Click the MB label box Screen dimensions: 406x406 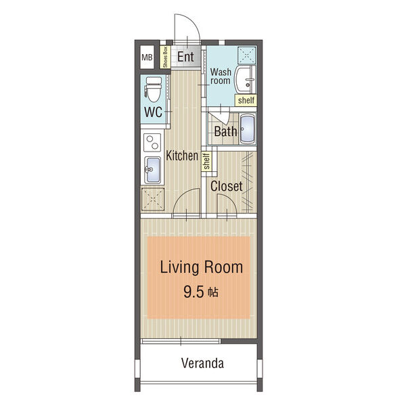(x=147, y=58)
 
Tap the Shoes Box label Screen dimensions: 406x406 (x=165, y=58)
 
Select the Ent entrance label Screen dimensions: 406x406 (x=185, y=57)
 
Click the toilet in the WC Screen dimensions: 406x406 (x=154, y=89)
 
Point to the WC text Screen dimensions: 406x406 (x=154, y=112)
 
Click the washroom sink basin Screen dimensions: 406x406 (x=245, y=79)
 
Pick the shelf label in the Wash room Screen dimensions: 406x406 (x=246, y=100)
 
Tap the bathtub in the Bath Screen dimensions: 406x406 (x=247, y=129)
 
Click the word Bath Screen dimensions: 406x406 (x=225, y=131)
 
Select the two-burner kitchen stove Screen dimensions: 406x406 (x=152, y=142)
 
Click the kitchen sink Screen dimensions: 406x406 (x=152, y=170)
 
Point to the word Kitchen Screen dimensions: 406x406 (x=182, y=156)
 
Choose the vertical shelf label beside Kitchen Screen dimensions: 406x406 (x=206, y=161)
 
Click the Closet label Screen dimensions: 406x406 (x=226, y=186)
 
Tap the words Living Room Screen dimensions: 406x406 (x=202, y=267)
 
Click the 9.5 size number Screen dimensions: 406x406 (x=194, y=292)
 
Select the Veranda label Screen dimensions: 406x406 (x=202, y=363)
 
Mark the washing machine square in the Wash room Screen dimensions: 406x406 (x=247, y=55)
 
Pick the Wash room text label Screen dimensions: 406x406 (x=221, y=76)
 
